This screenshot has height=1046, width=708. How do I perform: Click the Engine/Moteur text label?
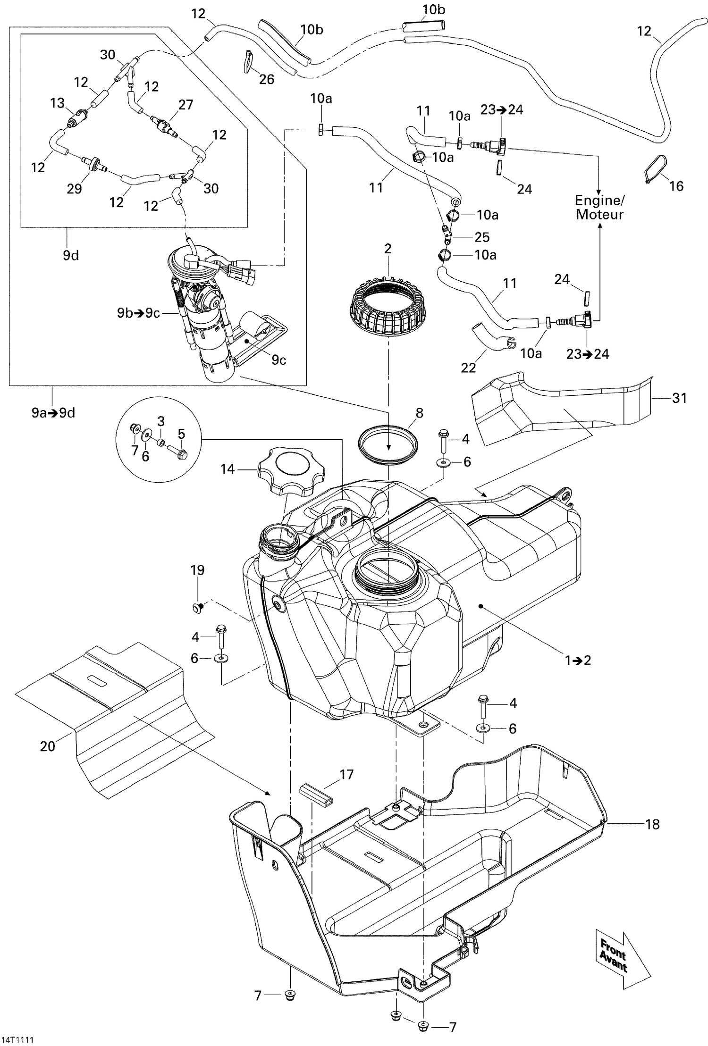pyautogui.click(x=599, y=208)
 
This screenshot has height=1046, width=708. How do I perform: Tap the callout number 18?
pyautogui.click(x=652, y=824)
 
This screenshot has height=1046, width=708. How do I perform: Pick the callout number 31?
pyautogui.click(x=679, y=398)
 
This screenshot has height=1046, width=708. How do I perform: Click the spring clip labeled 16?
pyautogui.click(x=655, y=168)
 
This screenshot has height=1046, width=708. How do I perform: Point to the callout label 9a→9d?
pyautogui.click(x=53, y=413)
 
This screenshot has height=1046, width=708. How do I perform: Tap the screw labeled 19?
pyautogui.click(x=198, y=608)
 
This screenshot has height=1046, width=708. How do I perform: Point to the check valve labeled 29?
pyautogui.click(x=93, y=164)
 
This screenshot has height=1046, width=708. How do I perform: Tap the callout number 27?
pyautogui.click(x=185, y=104)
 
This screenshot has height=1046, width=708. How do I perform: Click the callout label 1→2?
pyautogui.click(x=578, y=660)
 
